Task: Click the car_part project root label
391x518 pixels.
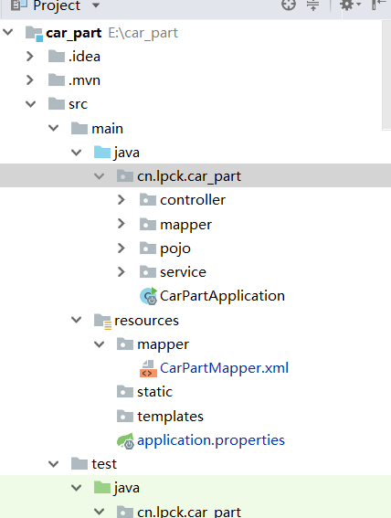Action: tap(74, 33)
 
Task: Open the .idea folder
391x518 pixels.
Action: tap(84, 57)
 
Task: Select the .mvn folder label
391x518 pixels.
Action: tap(84, 80)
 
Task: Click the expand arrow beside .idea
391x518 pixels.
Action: tap(30, 57)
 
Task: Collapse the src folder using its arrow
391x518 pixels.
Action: tap(30, 104)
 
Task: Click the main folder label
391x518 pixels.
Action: tap(107, 129)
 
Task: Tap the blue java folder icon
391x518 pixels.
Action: tap(102, 152)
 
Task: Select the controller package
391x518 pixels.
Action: tap(193, 200)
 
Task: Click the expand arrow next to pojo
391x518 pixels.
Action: tap(122, 248)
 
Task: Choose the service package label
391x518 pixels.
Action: tap(183, 272)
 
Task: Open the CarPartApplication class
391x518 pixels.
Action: tap(222, 296)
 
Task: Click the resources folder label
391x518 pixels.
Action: tap(146, 321)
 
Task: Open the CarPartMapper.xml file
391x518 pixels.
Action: tap(224, 368)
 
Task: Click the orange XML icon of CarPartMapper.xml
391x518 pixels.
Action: tap(148, 369)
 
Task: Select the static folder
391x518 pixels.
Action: tap(154, 392)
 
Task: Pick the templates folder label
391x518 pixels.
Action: tap(170, 417)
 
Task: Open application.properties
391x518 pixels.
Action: tap(211, 440)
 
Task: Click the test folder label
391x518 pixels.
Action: tap(104, 464)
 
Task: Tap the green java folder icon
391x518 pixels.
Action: tap(102, 488)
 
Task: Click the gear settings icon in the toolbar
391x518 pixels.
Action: tap(347, 5)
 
